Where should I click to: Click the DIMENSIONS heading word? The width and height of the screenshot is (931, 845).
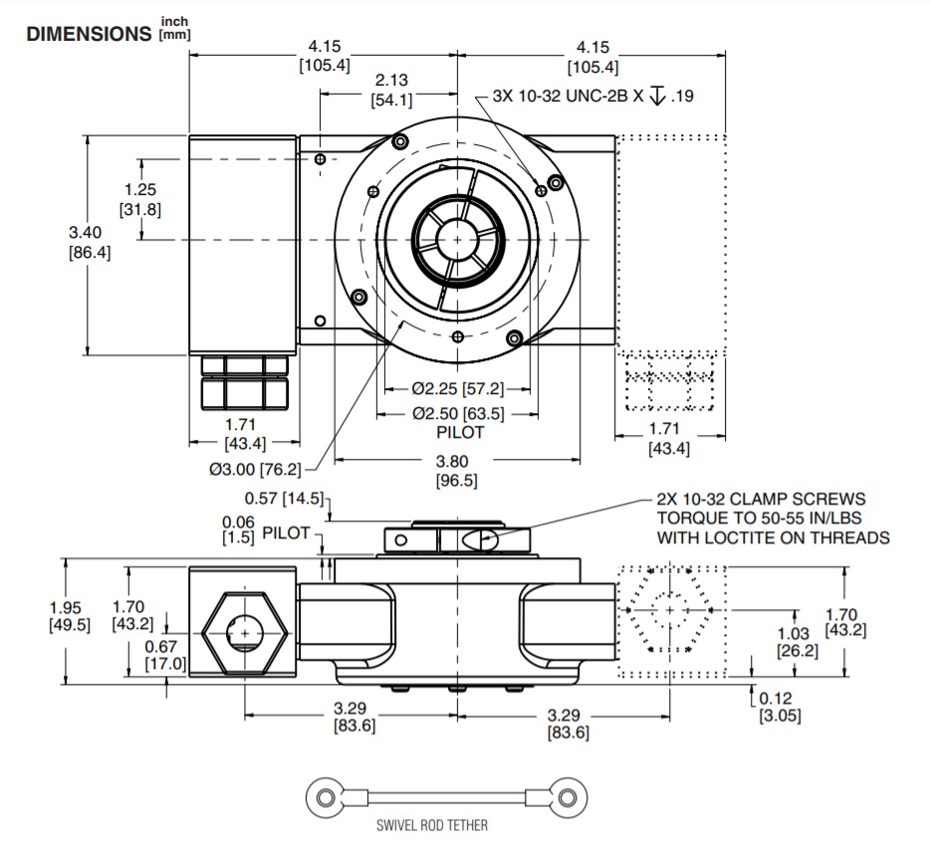(88, 33)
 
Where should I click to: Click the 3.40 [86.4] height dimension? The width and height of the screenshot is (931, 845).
(89, 242)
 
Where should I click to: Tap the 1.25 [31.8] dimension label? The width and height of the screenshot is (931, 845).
(140, 199)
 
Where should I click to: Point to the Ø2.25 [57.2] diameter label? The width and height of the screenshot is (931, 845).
(457, 388)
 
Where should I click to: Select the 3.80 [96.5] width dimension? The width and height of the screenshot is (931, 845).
(456, 471)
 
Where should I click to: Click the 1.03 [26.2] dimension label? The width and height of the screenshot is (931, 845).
(797, 642)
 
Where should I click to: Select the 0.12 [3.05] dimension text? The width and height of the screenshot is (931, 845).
(779, 708)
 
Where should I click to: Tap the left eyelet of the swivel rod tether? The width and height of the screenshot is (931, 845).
(324, 796)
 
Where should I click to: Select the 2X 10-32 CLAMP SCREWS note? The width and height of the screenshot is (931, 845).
(773, 518)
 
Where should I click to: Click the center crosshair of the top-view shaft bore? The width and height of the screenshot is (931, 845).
(457, 240)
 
